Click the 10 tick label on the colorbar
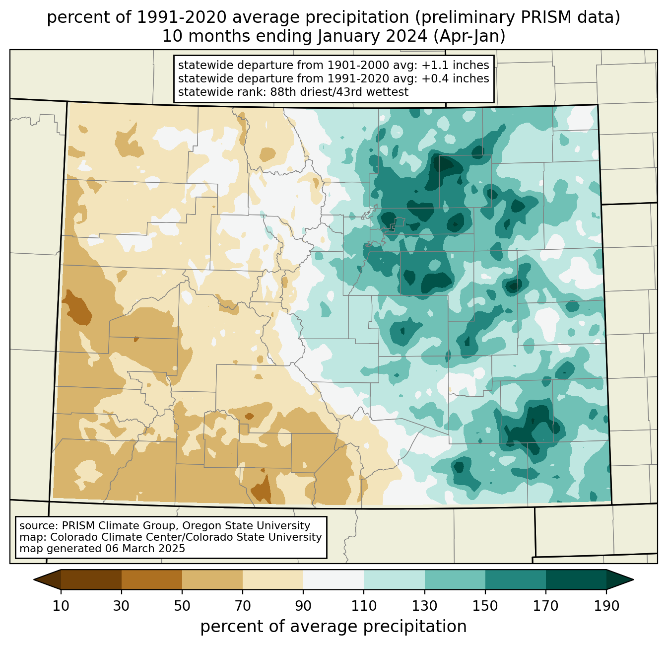coord(61,606)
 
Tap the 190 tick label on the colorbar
coord(606,606)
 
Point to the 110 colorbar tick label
coord(364,606)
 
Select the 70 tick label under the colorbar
coord(243,606)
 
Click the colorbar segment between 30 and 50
coord(151,579)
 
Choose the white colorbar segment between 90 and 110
coord(333,579)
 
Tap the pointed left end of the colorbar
coord(34,579)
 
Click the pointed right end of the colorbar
coord(633,579)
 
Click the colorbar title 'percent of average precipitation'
coord(333,627)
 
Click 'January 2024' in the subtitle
coord(372,36)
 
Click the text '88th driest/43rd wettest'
coord(339,92)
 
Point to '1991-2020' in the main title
coord(181,17)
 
